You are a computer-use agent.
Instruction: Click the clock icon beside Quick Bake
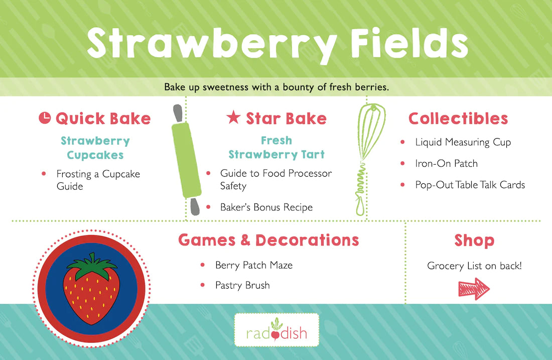click(x=45, y=118)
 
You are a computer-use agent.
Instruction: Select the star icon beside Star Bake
click(x=233, y=117)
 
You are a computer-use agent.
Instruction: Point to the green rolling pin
click(x=186, y=159)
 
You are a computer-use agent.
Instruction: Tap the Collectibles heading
click(x=458, y=118)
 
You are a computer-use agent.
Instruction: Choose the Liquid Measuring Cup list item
click(x=463, y=142)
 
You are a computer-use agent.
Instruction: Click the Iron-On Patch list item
click(x=447, y=164)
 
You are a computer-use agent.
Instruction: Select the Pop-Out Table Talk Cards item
click(x=470, y=185)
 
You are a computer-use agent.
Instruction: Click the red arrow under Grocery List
click(x=474, y=289)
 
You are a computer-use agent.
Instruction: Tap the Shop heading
click(x=474, y=241)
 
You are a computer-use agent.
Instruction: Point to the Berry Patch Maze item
click(x=254, y=265)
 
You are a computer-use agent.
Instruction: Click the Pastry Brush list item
click(x=242, y=285)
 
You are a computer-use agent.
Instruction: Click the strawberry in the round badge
click(x=91, y=289)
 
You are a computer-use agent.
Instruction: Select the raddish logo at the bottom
click(x=277, y=330)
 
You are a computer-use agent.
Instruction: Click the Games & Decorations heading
click(x=268, y=240)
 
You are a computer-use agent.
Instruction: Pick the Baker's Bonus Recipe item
click(x=266, y=207)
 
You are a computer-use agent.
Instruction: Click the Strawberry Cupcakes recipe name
click(x=95, y=148)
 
